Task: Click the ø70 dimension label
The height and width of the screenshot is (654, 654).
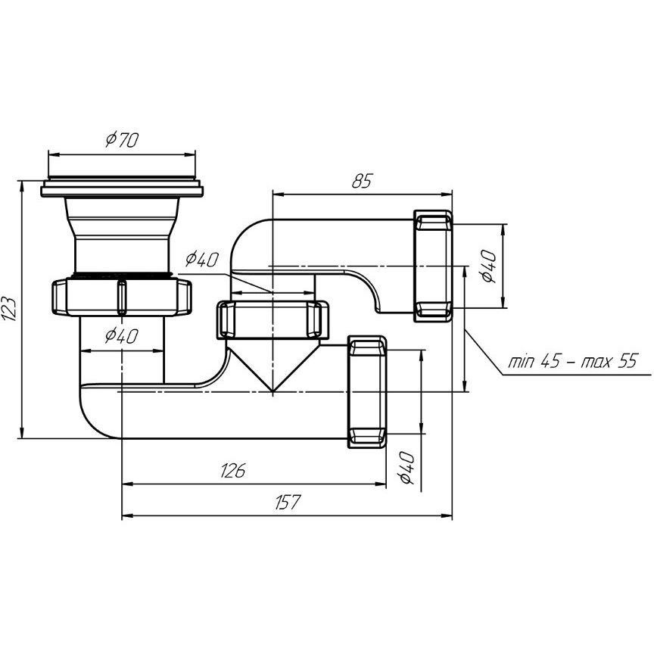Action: click(122, 140)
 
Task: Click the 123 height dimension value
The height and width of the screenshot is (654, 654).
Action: click(9, 309)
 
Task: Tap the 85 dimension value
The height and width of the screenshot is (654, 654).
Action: click(361, 182)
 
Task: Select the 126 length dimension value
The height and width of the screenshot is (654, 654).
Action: click(232, 471)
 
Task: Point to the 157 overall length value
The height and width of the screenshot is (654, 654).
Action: click(288, 502)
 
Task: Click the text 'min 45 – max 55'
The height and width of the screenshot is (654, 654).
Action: click(573, 361)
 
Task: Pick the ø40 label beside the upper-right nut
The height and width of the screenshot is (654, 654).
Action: click(488, 266)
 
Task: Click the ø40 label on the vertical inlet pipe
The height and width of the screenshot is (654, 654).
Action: click(121, 335)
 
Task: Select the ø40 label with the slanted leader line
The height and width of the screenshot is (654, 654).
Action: click(202, 260)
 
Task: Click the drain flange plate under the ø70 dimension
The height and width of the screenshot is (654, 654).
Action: click(122, 188)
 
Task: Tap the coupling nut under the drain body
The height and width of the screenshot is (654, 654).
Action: click(122, 297)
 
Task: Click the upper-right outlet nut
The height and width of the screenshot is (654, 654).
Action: click(433, 266)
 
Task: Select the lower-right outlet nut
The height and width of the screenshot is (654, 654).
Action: click(367, 391)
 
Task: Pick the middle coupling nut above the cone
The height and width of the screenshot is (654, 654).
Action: click(272, 320)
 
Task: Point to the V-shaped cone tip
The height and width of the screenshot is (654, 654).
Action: click(272, 391)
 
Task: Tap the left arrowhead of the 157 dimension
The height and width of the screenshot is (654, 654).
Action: click(127, 516)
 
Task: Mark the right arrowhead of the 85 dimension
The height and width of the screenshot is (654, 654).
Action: click(447, 194)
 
